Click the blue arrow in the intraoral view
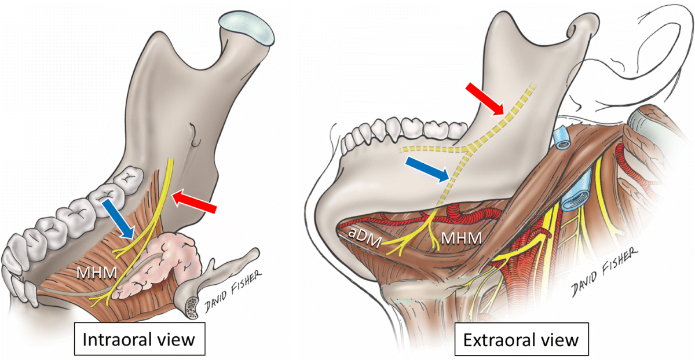pyautogui.click(x=119, y=219)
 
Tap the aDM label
pyautogui.click(x=361, y=233)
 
